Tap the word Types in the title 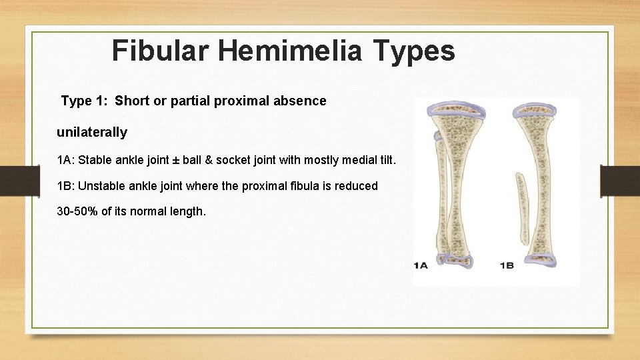click(x=415, y=51)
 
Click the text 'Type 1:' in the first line click(x=84, y=101)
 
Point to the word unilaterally click(x=92, y=132)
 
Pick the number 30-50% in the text click(x=77, y=211)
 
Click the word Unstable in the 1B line click(x=101, y=187)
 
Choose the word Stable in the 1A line click(x=95, y=161)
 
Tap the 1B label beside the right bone click(x=506, y=265)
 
